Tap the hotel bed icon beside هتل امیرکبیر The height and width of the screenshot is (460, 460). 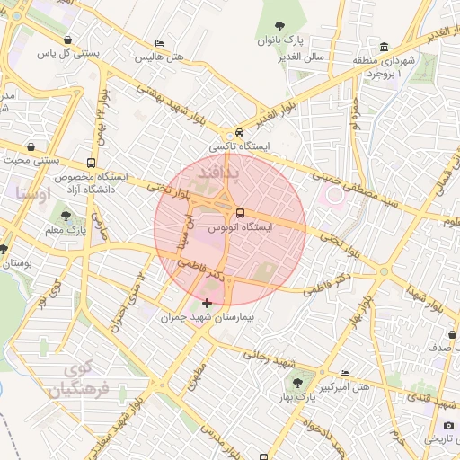(x=345, y=374)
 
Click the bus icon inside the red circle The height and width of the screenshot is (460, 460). (x=240, y=214)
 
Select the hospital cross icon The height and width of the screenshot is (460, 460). (x=208, y=304)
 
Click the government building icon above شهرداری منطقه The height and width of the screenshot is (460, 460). (x=385, y=47)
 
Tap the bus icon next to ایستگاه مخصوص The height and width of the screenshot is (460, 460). (x=92, y=163)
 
